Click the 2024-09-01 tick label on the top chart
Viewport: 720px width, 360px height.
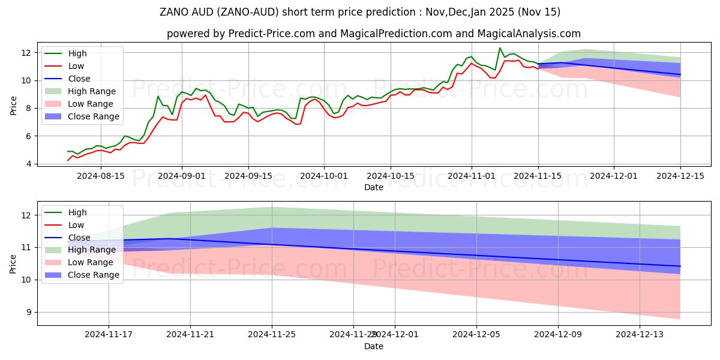coord(182,176)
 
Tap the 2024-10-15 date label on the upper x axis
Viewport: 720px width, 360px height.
coord(391,176)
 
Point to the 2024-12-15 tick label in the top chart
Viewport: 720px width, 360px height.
coord(680,176)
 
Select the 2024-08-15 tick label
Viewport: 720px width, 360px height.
coord(100,176)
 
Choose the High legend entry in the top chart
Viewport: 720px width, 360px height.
coord(77,53)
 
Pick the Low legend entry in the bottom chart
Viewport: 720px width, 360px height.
coord(76,225)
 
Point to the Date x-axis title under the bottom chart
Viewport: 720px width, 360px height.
coord(373,346)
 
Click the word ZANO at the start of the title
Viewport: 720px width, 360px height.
coord(174,12)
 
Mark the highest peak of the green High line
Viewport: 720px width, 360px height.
coord(500,48)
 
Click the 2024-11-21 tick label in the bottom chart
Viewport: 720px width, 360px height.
coord(190,335)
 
